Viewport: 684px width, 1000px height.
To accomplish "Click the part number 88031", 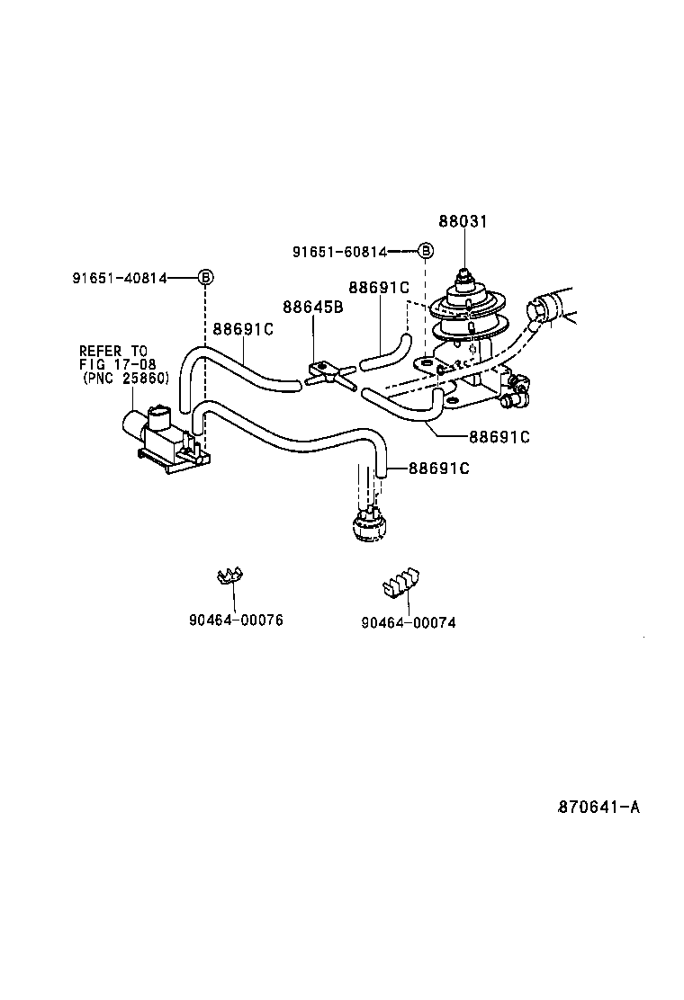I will pyautogui.click(x=463, y=221).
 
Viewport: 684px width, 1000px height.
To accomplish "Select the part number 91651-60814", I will pyautogui.click(x=339, y=253).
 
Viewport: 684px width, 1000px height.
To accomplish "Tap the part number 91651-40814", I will pyautogui.click(x=120, y=278).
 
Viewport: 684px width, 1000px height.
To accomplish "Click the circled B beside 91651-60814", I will pyautogui.click(x=426, y=252).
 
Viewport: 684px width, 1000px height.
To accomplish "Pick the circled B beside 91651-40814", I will pyautogui.click(x=205, y=277).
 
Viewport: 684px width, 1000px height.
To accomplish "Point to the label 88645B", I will pyautogui.click(x=312, y=307).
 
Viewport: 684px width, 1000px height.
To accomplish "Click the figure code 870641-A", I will pyautogui.click(x=598, y=807).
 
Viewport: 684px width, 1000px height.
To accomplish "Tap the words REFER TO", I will pyautogui.click(x=112, y=351).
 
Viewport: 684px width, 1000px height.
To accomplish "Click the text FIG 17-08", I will pyautogui.click(x=117, y=364).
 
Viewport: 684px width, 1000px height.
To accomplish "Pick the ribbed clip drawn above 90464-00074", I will pyautogui.click(x=400, y=582).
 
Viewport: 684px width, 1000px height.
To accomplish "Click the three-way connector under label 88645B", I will pyautogui.click(x=328, y=373).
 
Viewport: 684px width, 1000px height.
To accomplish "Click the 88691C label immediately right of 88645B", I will pyautogui.click(x=378, y=288).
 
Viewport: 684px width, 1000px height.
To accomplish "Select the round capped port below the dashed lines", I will pyautogui.click(x=368, y=523).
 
